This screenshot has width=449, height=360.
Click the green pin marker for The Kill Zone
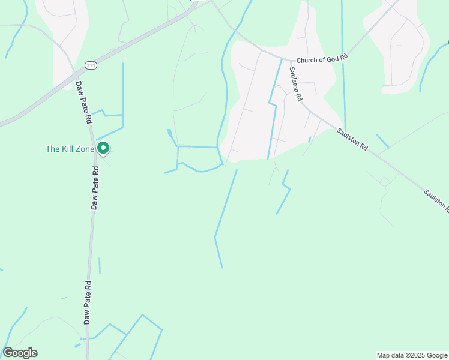[x=103, y=147]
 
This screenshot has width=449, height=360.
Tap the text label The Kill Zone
[x=70, y=149]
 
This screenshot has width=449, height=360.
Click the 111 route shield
[x=90, y=65]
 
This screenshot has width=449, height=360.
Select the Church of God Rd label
[x=322, y=59]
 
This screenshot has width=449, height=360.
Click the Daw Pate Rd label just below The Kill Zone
[x=95, y=188]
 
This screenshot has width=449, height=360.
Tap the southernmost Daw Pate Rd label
[x=88, y=303]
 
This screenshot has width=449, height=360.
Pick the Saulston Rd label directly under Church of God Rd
[x=295, y=83]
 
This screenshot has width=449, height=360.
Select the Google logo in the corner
[x=20, y=353]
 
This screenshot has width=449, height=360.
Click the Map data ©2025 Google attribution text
[x=412, y=355]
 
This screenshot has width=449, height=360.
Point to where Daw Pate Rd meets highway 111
[x=74, y=77]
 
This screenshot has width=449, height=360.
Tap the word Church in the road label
[x=306, y=60]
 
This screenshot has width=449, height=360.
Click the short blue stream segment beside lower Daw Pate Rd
[x=100, y=265]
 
